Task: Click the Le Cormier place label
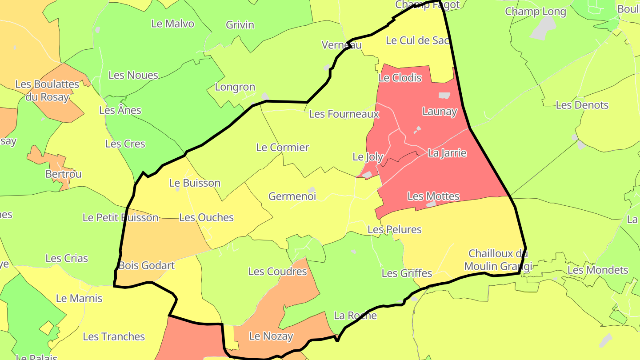(x=282, y=148)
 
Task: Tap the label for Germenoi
(x=292, y=196)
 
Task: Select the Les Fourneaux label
(x=344, y=114)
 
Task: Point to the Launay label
(x=439, y=112)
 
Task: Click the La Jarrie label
(x=447, y=153)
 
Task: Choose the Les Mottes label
(x=433, y=196)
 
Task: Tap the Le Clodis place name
(x=400, y=78)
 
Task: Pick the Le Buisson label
(x=195, y=183)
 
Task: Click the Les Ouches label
(x=206, y=217)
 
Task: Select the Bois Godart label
(x=147, y=266)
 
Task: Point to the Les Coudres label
(x=277, y=271)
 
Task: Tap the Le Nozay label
(x=271, y=336)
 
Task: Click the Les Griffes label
(x=407, y=273)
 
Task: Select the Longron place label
(x=235, y=87)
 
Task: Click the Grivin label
(x=240, y=25)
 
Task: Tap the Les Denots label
(x=582, y=105)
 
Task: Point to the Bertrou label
(x=64, y=174)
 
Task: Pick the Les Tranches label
(x=114, y=337)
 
